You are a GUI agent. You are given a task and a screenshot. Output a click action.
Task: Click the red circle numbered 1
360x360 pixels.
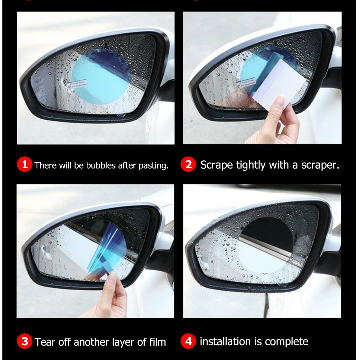(x=24, y=165)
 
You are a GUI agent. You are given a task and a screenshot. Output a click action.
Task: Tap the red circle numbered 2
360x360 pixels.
(x=188, y=165)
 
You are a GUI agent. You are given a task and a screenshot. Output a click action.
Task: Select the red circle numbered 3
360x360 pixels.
(x=24, y=341)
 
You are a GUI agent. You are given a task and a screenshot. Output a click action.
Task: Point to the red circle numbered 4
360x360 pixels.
(x=188, y=341)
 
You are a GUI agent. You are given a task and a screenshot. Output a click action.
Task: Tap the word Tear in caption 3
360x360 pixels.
(x=44, y=342)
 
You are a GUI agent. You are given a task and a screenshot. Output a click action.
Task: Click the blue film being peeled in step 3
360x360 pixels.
(x=108, y=248)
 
